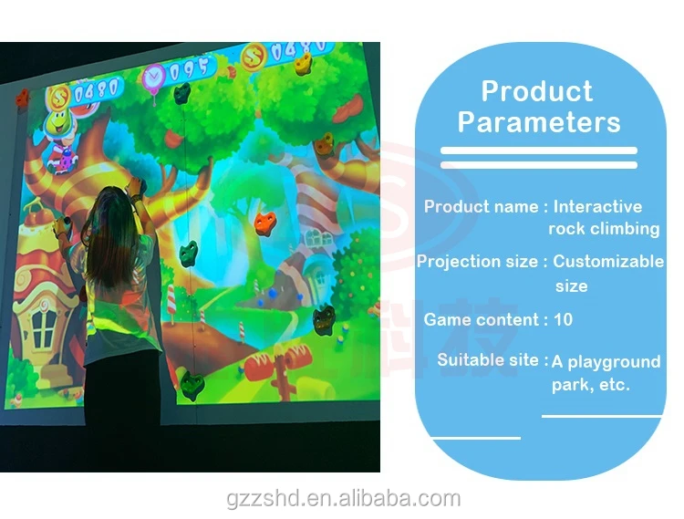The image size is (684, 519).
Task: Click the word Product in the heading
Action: click(536, 91)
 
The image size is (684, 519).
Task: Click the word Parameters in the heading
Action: click(539, 122)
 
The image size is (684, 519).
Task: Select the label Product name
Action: click(481, 207)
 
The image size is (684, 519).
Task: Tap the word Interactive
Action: click(597, 207)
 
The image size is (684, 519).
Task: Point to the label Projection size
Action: click(477, 262)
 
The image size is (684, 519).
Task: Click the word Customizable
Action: click(608, 262)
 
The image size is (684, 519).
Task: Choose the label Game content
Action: click(481, 320)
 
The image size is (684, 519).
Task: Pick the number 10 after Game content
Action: click(563, 320)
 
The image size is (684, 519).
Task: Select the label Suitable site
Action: click(488, 360)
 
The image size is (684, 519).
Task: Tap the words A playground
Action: click(606, 362)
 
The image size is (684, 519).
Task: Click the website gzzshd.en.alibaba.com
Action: click(343, 499)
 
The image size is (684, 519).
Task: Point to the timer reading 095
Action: click(190, 67)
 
